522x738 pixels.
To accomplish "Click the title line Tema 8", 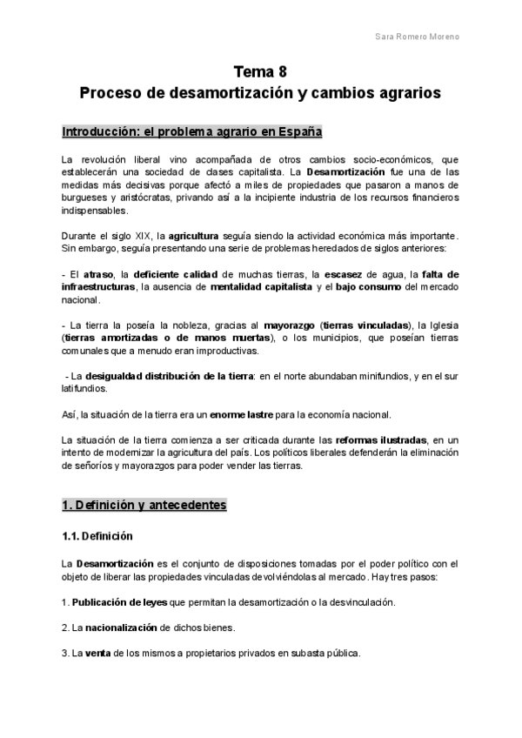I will point(260,70).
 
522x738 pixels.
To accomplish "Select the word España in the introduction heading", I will point(300,132).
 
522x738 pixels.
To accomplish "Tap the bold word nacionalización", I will point(126,627).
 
